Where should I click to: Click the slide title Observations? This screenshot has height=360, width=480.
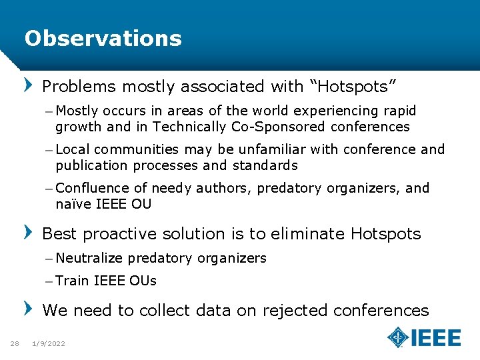103,39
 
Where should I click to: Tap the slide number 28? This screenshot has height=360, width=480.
14,343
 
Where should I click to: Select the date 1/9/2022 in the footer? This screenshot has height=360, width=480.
49,343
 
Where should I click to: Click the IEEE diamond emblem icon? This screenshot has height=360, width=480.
398,337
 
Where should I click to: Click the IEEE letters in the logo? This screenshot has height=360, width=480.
435,337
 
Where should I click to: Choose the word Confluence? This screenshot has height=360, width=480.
93,189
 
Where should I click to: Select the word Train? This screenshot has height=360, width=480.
72,281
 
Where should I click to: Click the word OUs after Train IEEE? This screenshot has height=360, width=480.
143,281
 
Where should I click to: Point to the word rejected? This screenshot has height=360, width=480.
295,311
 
